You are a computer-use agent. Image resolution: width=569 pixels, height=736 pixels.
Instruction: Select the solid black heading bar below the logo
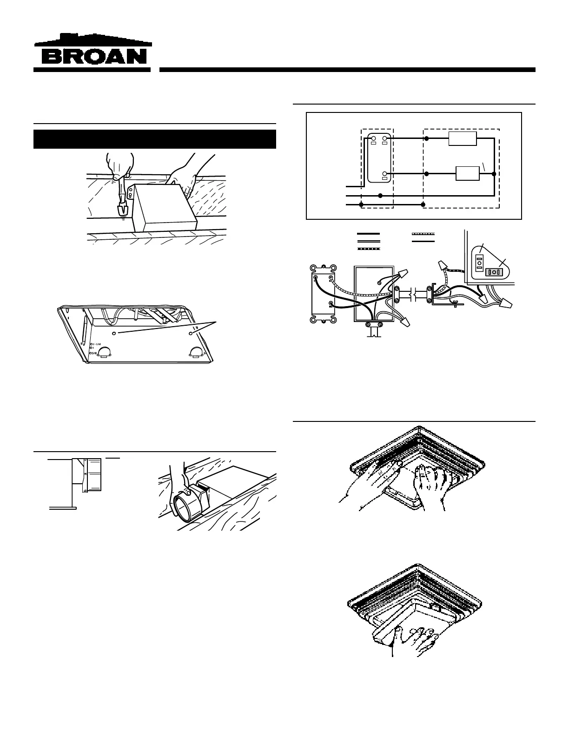tap(155, 139)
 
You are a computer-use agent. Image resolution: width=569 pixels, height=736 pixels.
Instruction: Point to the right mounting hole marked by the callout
tap(191, 333)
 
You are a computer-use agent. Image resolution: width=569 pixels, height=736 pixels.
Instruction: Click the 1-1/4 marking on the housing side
tap(96, 344)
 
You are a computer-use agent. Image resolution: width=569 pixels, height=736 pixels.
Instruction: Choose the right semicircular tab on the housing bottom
tap(195, 352)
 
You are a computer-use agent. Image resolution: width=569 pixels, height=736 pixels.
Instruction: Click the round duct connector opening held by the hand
tap(180, 507)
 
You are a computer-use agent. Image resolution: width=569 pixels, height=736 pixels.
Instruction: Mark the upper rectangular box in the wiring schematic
tap(463, 138)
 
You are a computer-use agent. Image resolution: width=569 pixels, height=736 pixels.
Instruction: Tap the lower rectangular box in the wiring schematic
tap(468, 173)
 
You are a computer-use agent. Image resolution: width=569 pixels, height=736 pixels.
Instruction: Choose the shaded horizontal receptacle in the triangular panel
tap(495, 272)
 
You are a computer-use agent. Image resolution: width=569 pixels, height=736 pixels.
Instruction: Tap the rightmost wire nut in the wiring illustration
tap(506, 304)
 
